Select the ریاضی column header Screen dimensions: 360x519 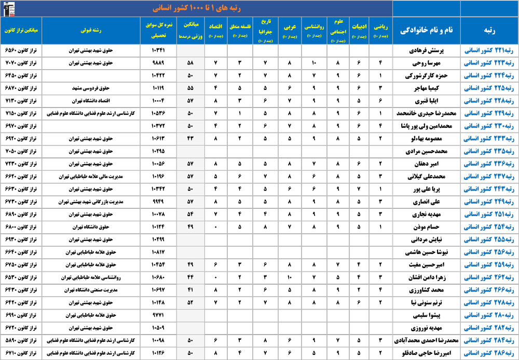380,30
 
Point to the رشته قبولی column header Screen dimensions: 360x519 91,30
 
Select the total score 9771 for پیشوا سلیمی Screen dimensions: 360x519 158,315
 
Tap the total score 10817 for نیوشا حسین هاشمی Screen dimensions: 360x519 158,252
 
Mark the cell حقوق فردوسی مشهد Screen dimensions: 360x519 91,88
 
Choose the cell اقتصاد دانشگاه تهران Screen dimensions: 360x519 91,101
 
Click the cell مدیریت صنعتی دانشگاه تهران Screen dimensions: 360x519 91,290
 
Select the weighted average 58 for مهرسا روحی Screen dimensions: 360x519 190,63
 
